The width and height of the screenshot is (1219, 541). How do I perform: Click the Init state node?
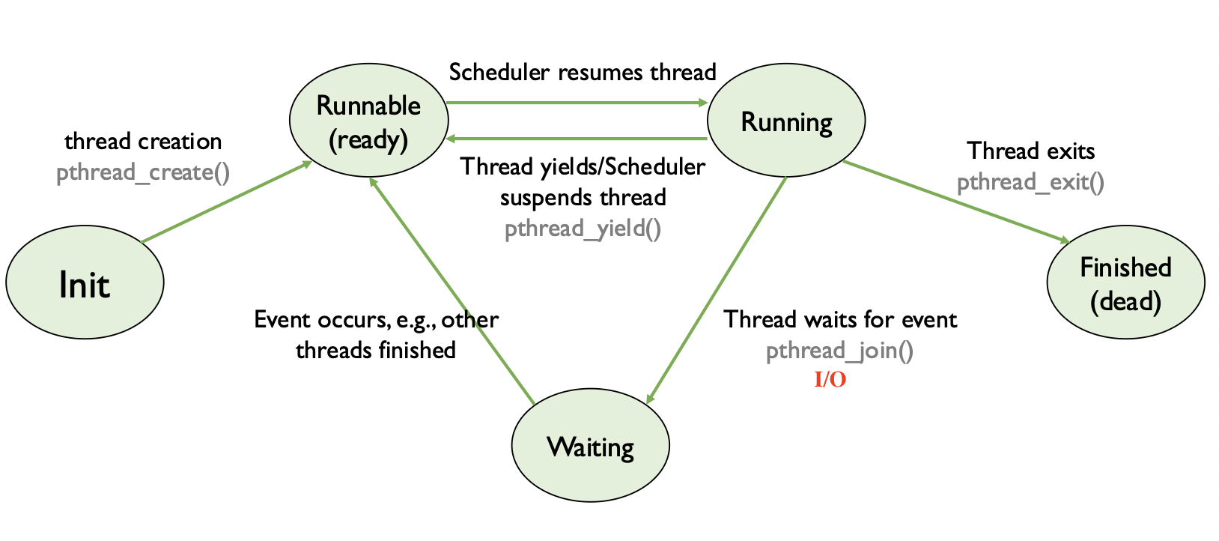coord(85,283)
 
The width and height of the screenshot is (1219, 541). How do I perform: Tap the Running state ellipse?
coord(786,121)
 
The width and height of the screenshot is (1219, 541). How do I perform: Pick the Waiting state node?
coord(590,446)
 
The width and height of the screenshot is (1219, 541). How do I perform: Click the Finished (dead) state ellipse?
coord(1125,282)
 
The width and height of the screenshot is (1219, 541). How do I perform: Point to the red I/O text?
coord(830,380)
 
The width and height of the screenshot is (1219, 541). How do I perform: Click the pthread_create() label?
coord(143,173)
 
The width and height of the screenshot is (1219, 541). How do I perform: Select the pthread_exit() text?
coord(1030,182)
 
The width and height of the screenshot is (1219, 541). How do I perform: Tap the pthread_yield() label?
coord(583,229)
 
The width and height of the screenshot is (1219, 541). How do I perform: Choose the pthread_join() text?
coord(839,351)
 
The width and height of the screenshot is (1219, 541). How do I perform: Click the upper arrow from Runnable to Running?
coord(577,103)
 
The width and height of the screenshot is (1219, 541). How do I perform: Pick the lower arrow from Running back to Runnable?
coord(577,139)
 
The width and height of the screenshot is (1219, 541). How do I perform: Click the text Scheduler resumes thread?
coord(583,73)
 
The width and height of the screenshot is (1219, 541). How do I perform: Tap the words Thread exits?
coord(1030,151)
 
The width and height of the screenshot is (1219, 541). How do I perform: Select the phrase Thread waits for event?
coord(839,320)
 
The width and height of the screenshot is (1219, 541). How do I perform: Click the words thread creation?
coord(143,142)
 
